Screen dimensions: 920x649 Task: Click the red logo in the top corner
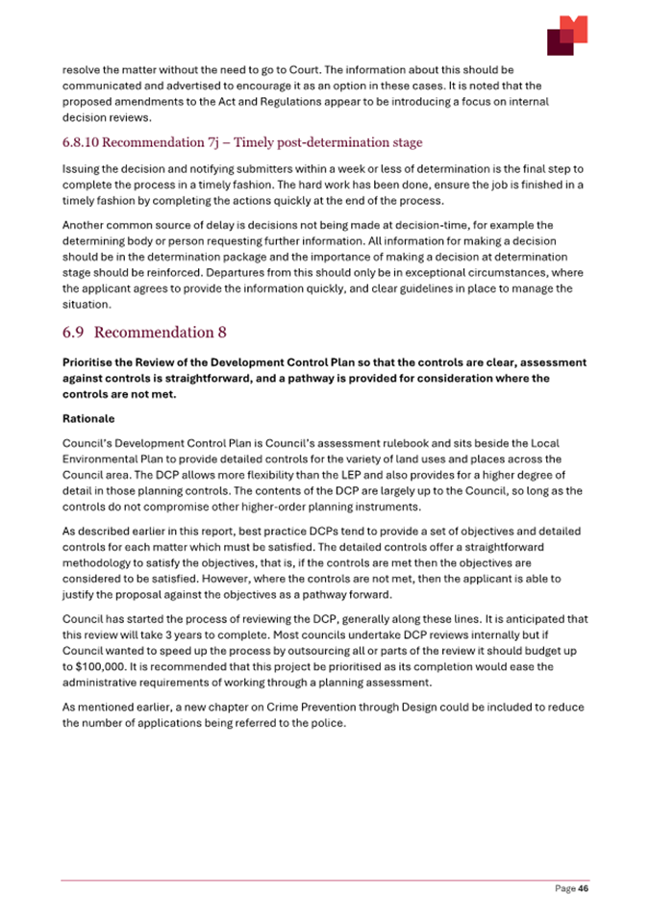(x=566, y=36)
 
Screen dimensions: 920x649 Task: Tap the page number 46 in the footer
(x=582, y=889)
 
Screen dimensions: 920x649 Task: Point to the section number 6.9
(x=74, y=333)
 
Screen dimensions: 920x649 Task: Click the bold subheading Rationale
(x=89, y=419)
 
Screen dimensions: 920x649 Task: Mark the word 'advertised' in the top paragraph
(x=185, y=87)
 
